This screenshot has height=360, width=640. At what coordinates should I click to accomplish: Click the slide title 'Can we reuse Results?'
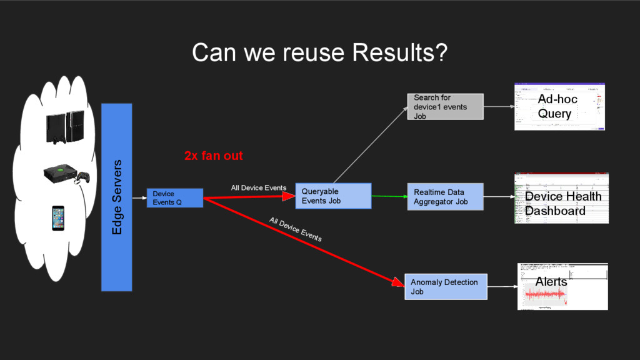[x=319, y=53]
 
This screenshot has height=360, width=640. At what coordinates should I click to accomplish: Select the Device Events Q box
[x=175, y=198]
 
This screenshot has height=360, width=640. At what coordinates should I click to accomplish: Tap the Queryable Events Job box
[x=333, y=196]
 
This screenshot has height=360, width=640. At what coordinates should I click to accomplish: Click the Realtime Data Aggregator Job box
[x=445, y=197]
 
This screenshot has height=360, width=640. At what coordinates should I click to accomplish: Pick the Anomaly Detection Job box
[x=445, y=287]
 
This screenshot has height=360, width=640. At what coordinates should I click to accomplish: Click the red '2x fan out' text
[x=213, y=156]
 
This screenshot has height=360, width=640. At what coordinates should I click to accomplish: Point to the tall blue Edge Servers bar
[x=117, y=197]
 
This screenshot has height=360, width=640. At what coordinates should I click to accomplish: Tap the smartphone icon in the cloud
[x=58, y=218]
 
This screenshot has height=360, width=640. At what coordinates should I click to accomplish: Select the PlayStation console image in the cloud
[x=64, y=127]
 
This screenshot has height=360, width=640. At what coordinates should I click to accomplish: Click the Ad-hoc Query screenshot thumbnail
[x=560, y=107]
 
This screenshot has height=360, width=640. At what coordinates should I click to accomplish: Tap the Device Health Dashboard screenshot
[x=561, y=199]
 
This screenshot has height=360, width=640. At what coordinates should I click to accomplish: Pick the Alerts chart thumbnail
[x=562, y=286]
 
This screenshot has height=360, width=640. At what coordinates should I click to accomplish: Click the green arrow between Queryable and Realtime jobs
[x=387, y=196]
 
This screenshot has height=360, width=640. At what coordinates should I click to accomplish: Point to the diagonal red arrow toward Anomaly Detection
[x=300, y=241]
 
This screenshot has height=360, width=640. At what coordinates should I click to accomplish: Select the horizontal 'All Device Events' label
[x=259, y=187]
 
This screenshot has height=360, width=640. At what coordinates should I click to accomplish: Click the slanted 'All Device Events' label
[x=295, y=229]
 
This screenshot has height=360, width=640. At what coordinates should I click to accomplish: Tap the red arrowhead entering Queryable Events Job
[x=288, y=196]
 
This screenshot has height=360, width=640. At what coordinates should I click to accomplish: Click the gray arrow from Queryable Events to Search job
[x=369, y=144]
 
